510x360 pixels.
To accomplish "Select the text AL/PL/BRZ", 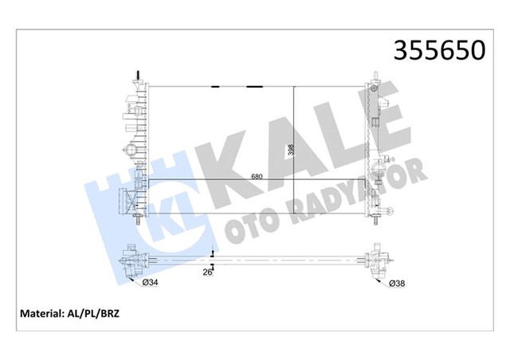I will click(x=95, y=314).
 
